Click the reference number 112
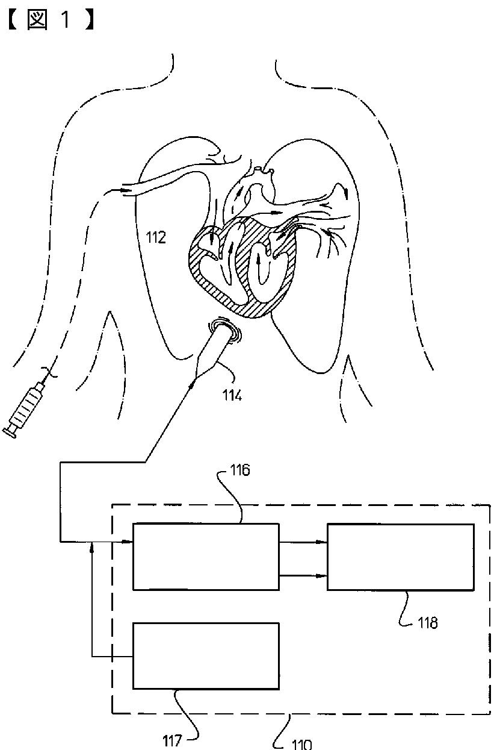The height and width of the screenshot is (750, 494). [155, 237]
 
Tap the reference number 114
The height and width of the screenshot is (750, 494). [231, 395]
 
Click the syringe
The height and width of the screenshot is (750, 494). [28, 407]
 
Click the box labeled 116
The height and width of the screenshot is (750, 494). [206, 556]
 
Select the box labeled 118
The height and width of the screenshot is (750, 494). [400, 556]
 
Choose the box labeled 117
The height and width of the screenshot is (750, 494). [206, 655]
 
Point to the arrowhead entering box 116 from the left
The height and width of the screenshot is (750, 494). [128, 542]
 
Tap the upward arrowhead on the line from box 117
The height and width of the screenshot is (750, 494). [91, 546]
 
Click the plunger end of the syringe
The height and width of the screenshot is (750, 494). [9, 430]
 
